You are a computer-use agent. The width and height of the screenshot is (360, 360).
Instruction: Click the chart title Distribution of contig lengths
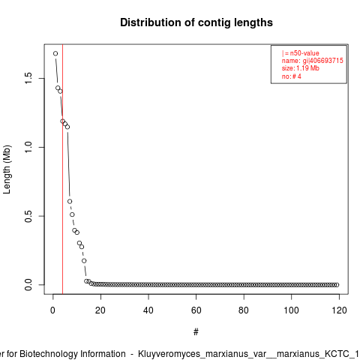pos(196,22)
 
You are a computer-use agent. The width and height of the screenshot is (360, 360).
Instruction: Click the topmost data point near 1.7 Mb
pos(55,53)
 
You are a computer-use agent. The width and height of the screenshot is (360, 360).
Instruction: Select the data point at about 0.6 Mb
pos(70,201)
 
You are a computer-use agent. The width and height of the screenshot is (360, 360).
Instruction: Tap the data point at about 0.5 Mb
pos(72,214)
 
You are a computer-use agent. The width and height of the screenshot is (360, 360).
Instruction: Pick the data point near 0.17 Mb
pos(84,261)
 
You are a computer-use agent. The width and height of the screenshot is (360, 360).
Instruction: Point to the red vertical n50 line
pos(62,169)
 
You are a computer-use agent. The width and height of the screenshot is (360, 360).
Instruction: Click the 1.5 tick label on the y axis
pos(28,79)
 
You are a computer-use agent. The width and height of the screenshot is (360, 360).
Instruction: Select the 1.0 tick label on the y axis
pos(28,147)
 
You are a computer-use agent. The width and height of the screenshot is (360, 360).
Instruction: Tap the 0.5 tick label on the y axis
pos(28,216)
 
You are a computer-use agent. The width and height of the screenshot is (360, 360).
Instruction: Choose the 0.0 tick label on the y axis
pos(28,285)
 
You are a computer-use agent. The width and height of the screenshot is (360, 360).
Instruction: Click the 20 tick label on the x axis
pos(100,310)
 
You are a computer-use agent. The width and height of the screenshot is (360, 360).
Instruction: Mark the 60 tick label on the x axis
pos(196,310)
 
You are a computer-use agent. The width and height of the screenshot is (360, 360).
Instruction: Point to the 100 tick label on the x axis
pos(291,310)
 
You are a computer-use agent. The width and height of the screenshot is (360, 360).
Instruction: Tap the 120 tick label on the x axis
pos(339,310)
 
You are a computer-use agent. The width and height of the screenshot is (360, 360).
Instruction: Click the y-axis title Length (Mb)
pos(7,169)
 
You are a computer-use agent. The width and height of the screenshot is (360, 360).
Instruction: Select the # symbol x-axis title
pos(196,332)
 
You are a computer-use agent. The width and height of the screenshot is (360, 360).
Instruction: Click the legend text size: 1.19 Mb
pos(301,68)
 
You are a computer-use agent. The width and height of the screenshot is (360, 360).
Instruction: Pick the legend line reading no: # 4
pos(292,76)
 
